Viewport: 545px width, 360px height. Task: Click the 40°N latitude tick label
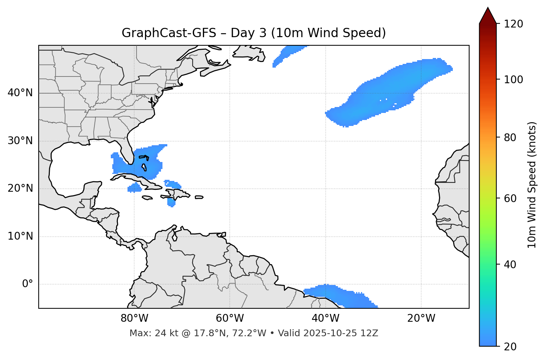point(20,93)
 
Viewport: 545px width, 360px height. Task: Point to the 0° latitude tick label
point(28,284)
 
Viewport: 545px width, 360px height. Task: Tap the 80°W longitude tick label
point(134,318)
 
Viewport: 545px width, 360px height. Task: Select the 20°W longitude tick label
point(421,318)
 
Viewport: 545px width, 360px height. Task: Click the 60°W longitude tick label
point(230,318)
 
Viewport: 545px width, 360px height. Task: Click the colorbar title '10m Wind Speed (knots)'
point(532,185)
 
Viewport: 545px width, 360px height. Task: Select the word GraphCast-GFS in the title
point(169,33)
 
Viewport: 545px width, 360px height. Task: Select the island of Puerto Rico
point(199,197)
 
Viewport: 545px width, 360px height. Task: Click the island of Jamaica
point(147,198)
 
